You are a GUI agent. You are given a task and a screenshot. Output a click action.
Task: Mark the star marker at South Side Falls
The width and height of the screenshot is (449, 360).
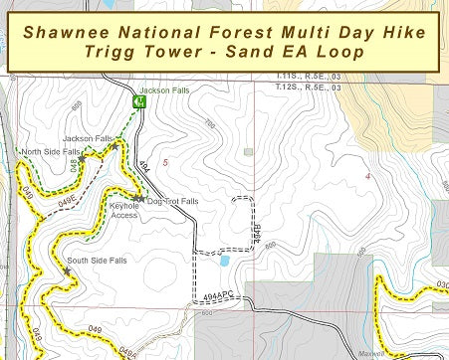[x=67, y=270]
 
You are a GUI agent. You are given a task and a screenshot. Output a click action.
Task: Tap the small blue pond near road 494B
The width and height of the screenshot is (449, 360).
[x=224, y=261]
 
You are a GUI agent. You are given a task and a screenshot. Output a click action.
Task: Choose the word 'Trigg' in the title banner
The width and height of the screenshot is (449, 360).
[x=117, y=51]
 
